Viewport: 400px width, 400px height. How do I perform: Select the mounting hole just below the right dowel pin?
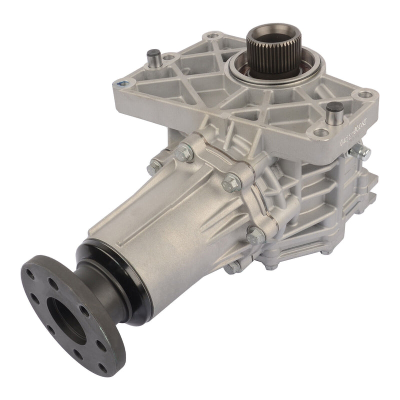321,132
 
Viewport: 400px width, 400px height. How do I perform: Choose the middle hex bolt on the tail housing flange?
232,182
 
